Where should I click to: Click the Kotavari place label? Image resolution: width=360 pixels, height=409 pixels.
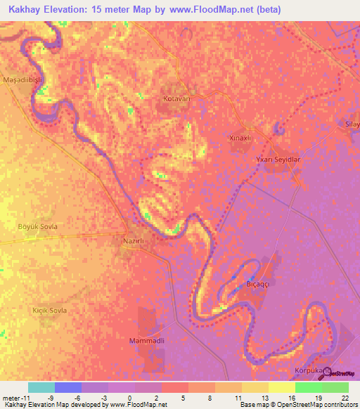pos(177,99)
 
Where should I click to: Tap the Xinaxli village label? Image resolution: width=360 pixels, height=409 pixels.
pos(240,138)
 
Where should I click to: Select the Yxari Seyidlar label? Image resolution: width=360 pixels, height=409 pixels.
pos(278,160)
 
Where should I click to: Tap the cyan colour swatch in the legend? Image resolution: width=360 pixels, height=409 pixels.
pos(41,387)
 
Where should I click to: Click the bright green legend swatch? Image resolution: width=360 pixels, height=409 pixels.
pos(308,387)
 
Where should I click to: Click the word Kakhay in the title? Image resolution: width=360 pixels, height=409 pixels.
pos(25,10)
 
